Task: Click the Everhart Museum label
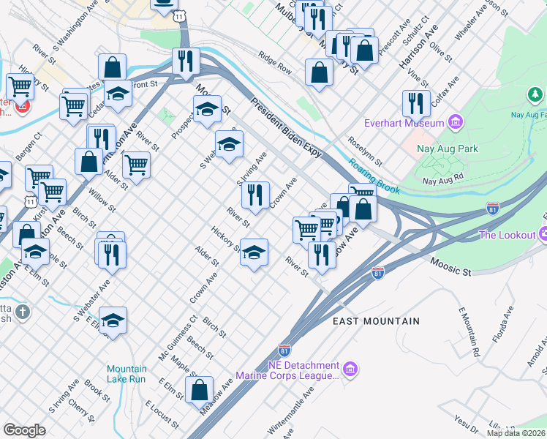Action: pyautogui.click(x=406, y=121)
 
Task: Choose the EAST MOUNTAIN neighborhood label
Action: pyautogui.click(x=376, y=321)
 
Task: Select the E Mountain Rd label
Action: pyautogui.click(x=469, y=332)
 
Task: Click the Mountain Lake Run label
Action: pyautogui.click(x=126, y=374)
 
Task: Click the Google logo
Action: pyautogui.click(x=24, y=430)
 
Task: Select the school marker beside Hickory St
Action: pyautogui.click(x=254, y=252)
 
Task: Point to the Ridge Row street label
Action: pyautogui.click(x=275, y=64)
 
